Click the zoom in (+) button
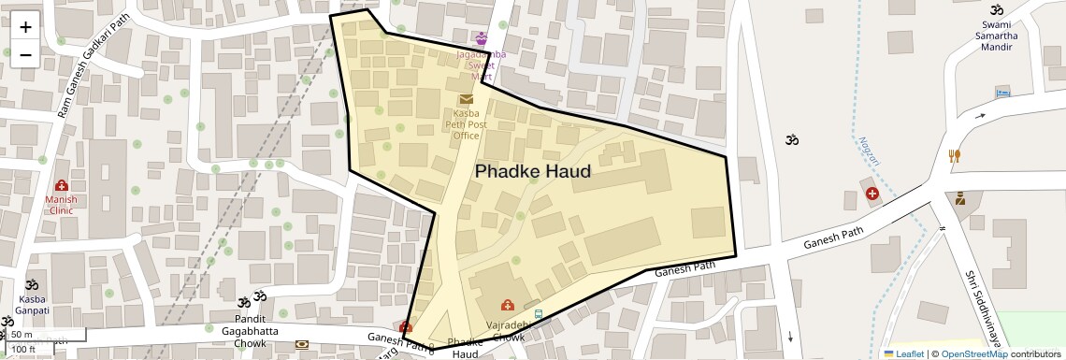click(x=25, y=26)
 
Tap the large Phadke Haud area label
click(x=533, y=172)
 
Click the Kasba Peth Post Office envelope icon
click(x=466, y=99)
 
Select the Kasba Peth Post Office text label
click(x=465, y=124)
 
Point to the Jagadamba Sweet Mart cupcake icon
click(x=482, y=38)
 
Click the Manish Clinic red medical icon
click(x=62, y=186)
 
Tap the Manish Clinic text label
click(x=62, y=205)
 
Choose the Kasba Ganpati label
click(x=32, y=305)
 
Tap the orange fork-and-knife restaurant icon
click(x=954, y=156)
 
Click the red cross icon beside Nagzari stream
click(x=872, y=194)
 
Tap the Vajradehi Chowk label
click(x=509, y=331)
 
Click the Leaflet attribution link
click(x=903, y=353)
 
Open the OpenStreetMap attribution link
click(x=973, y=353)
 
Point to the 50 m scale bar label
click(x=22, y=335)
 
